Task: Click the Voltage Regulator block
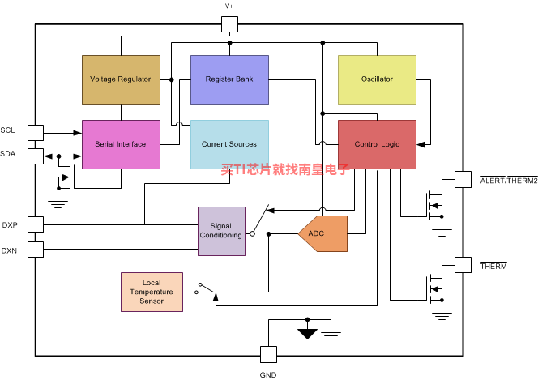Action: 121,79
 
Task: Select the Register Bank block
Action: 229,79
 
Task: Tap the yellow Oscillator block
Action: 377,79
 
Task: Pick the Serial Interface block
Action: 121,144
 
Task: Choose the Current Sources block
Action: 229,144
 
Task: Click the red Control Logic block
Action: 377,144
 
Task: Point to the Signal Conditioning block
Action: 222,231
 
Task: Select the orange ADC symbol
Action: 322,233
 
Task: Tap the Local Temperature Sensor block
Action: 152,292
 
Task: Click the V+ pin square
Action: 229,24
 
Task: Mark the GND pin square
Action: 268,354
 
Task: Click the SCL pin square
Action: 36,133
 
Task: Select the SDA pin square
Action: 36,156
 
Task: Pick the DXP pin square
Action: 36,224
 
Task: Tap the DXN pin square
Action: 36,250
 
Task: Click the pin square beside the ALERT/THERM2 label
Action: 463,179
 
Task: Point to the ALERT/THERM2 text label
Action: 509,181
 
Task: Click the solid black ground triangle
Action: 307,334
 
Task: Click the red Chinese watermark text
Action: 285,169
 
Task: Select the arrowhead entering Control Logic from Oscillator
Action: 421,145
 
